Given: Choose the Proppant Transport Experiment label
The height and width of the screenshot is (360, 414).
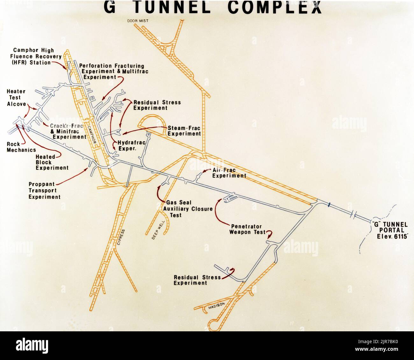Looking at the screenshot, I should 45,191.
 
